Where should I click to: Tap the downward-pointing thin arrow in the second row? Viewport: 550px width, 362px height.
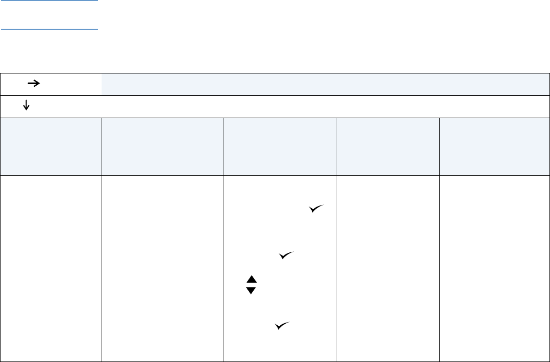(25, 106)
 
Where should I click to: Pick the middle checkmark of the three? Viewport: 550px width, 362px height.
(286, 256)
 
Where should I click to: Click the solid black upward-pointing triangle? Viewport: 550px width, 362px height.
(252, 279)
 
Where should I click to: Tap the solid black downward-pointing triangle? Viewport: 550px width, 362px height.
(252, 290)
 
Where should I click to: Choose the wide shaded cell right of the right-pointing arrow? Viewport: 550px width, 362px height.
(324, 84)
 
